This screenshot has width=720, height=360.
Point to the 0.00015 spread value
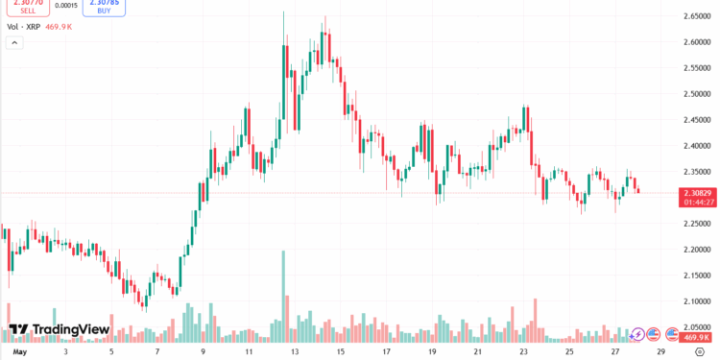click(66, 5)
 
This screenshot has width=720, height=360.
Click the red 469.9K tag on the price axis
click(696, 337)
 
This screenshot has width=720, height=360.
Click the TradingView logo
click(59, 330)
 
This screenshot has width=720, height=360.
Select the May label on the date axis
click(12, 351)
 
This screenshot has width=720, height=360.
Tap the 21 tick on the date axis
click(477, 351)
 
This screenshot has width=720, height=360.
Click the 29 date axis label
click(660, 351)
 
